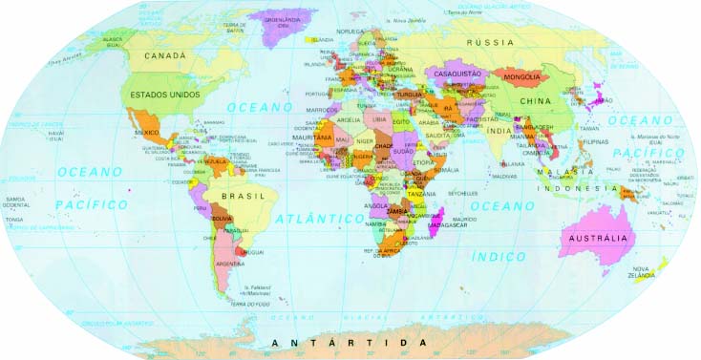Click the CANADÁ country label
point(165,56)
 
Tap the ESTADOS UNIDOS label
point(165,95)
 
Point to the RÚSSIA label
point(490,43)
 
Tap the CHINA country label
point(537,100)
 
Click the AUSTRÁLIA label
point(598,238)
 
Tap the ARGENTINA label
point(231,264)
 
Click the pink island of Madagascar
point(438,224)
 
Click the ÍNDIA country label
point(499,130)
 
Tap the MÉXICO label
point(146,132)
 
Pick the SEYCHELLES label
point(461,193)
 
